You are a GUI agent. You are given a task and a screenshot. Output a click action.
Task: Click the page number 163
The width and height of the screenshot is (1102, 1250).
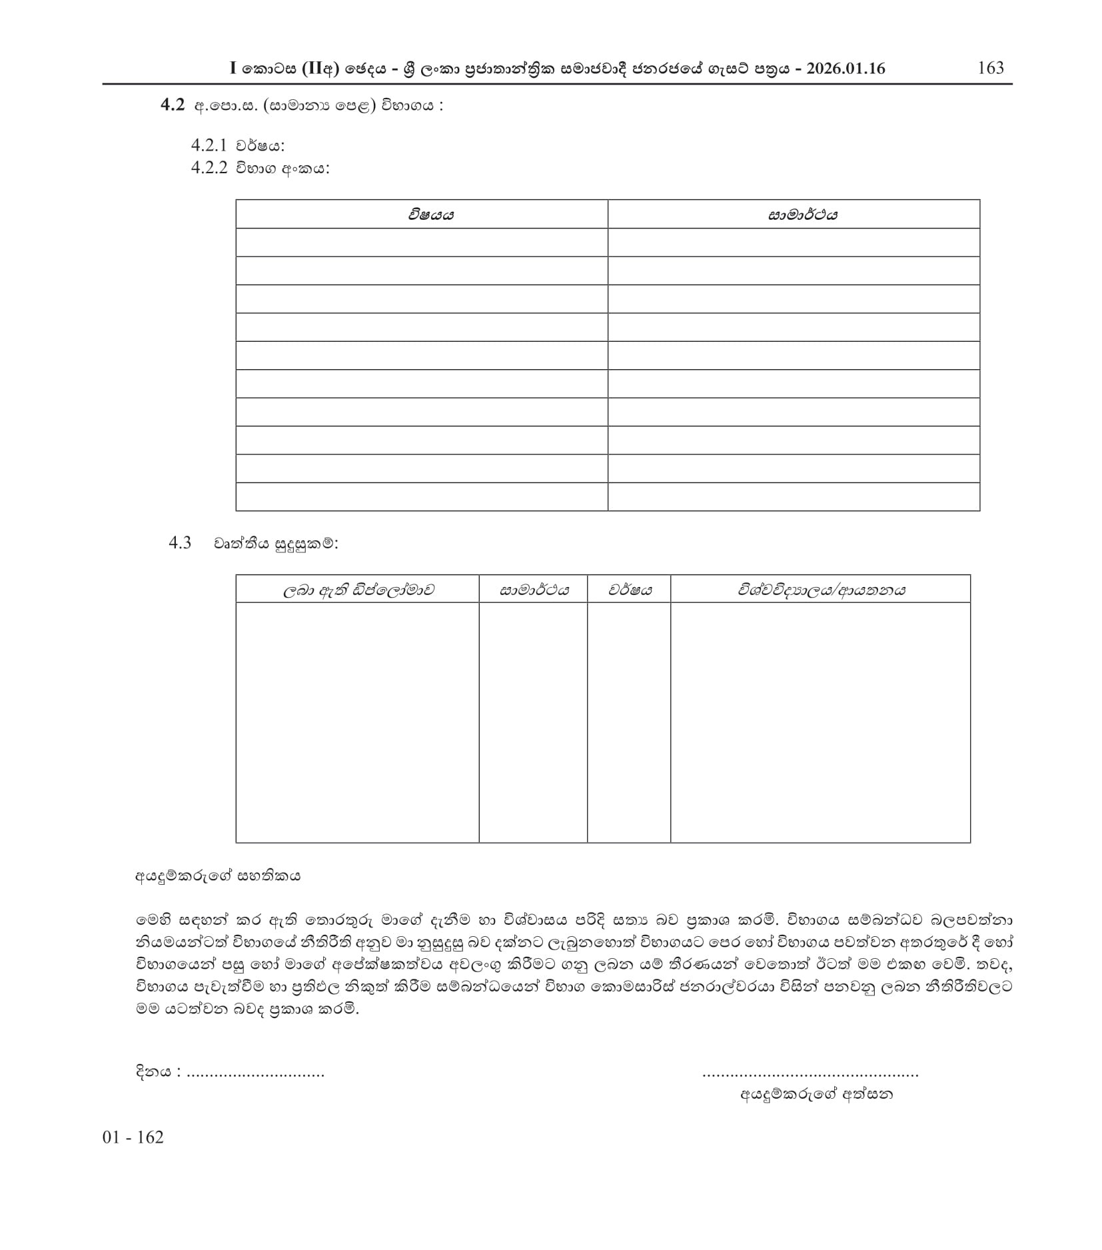point(990,68)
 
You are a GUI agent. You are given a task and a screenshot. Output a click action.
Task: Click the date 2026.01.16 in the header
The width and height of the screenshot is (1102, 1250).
point(845,69)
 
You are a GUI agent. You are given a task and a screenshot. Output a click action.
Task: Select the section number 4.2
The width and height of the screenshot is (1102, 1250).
point(172,105)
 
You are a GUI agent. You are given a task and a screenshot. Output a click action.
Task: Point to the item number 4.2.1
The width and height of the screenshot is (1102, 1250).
point(209,145)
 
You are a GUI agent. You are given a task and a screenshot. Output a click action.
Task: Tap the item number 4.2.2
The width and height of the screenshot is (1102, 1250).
point(209,168)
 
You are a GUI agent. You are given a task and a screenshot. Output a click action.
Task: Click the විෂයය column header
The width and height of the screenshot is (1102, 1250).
point(431,215)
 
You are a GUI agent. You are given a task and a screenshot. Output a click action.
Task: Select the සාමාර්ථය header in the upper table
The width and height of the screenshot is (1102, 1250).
point(802,215)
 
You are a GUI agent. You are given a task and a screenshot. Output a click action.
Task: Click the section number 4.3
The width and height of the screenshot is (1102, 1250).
point(180,543)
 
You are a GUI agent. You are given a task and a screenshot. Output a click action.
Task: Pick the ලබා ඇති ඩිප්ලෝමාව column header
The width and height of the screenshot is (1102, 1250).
point(358,590)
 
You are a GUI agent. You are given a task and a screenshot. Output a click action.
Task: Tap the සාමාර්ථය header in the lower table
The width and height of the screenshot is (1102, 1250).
point(534,590)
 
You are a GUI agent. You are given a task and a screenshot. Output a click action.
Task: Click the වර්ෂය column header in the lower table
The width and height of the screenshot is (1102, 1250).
point(630,590)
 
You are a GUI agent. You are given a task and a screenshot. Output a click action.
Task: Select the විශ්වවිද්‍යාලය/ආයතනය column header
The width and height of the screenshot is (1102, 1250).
point(821,590)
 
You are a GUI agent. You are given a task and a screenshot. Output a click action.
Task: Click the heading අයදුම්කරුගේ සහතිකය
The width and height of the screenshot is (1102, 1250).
point(218,876)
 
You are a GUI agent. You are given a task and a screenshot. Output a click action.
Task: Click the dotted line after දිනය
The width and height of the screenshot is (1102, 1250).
point(256,1074)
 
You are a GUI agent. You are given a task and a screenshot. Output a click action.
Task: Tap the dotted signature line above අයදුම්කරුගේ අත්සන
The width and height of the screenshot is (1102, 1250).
point(810,1074)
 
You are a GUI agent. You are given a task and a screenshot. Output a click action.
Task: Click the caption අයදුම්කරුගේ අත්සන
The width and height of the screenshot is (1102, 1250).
point(816,1094)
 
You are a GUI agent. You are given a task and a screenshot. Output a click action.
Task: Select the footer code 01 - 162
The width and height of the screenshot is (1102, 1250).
point(133,1137)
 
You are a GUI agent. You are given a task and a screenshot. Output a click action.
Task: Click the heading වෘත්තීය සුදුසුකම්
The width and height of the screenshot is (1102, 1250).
point(275,544)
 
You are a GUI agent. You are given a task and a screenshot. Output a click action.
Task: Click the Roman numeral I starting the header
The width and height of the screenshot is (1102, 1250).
point(233,69)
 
